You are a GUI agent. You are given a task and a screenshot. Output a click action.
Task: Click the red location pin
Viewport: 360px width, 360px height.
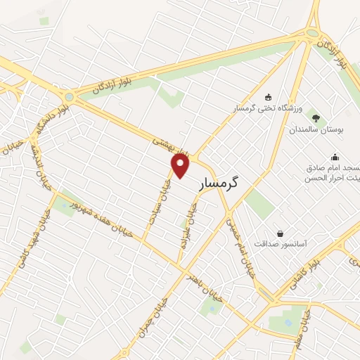click(181, 165)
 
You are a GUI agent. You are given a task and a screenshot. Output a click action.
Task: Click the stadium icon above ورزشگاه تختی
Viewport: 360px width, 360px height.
click(268, 97)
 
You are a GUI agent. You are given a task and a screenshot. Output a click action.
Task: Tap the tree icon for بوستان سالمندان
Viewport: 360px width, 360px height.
click(314, 117)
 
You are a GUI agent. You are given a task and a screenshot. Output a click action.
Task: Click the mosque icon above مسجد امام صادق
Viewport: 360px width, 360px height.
click(335, 156)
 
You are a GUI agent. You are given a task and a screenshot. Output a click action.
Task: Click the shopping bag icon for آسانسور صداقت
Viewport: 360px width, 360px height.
click(281, 233)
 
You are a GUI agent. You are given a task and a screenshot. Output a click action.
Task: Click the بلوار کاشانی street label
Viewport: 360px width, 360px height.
click(323, 272)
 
